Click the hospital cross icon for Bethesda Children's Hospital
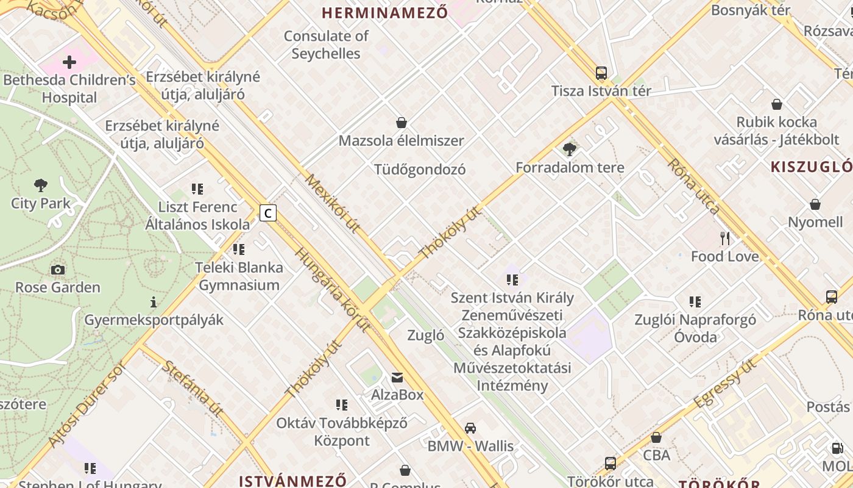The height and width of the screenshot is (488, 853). [69, 62]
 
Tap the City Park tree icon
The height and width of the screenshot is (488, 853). [41, 185]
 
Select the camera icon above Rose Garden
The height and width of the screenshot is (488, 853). [58, 270]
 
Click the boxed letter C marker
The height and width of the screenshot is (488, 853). [268, 213]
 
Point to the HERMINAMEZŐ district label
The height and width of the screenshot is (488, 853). [384, 12]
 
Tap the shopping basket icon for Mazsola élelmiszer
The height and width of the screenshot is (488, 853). [402, 123]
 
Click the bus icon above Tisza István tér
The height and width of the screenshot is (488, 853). [601, 73]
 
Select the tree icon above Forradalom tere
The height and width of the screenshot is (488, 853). [570, 149]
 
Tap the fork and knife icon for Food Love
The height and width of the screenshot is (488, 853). [724, 238]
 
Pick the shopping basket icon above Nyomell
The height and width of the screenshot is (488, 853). [815, 204]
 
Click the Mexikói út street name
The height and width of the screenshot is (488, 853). [333, 203]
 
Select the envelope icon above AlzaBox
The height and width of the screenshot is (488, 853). [397, 377]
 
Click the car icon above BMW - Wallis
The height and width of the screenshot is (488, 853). [470, 428]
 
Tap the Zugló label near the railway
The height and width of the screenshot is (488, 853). [425, 335]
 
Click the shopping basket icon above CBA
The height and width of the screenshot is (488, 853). [656, 437]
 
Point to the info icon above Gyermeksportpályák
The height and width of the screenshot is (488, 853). [154, 302]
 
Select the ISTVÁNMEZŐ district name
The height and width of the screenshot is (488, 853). [292, 481]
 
